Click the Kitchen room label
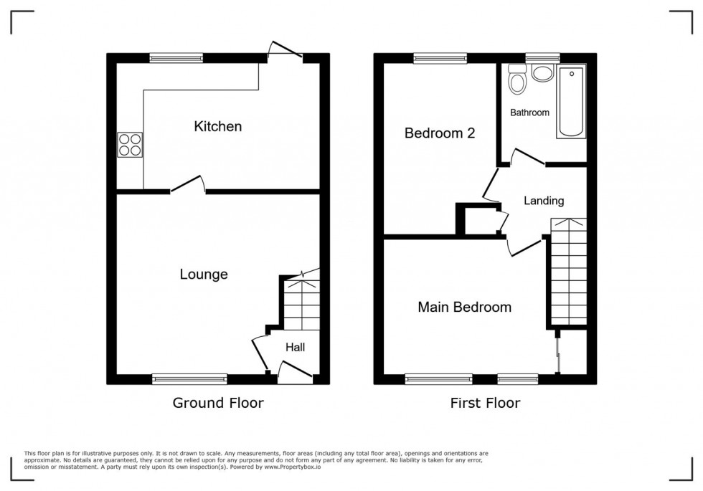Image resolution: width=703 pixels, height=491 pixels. point(217,127)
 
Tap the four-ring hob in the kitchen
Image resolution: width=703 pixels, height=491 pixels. point(129,146)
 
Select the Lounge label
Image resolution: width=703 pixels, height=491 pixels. point(204,275)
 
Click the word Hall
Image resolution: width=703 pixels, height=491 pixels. point(295,348)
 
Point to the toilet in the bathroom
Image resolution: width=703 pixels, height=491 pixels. point(516,80)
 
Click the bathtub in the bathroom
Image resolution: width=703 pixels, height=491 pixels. point(572,101)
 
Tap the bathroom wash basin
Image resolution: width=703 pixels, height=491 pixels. point(542,72)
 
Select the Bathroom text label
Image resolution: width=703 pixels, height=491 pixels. point(529,113)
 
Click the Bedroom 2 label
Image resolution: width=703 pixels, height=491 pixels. point(430,133)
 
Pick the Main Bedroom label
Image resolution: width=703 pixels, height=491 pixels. point(465,308)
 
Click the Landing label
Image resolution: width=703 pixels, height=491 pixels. point(543,201)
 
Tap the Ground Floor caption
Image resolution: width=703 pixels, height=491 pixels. point(217,403)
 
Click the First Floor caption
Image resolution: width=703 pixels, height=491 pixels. point(485,403)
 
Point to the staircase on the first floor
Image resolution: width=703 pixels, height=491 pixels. point(568,272)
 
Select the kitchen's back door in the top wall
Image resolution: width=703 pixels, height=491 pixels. point(285,52)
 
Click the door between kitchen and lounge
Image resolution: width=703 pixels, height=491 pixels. point(188,185)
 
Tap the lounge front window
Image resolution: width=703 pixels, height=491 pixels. point(189,378)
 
